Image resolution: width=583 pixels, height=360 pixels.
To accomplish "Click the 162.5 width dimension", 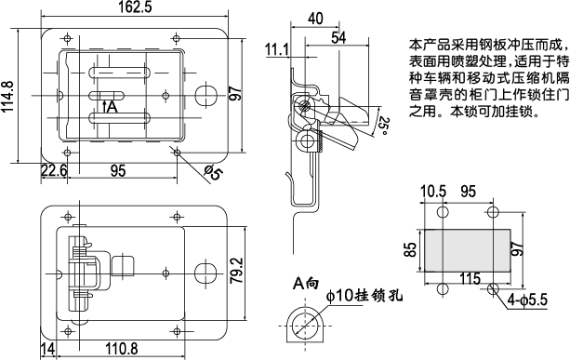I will (136, 8).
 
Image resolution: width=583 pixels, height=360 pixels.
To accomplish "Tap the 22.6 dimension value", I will (54, 169).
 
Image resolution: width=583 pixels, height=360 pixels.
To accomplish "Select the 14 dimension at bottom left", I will (47, 349).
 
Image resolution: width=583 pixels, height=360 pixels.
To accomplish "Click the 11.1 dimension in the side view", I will (276, 48).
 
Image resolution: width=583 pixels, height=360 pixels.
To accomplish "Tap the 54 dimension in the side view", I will (338, 37).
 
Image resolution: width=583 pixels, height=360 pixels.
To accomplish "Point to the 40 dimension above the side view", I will (314, 19).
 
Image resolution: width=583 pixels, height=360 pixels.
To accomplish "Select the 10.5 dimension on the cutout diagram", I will (432, 192).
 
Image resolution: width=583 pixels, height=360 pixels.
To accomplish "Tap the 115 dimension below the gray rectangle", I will (470, 278).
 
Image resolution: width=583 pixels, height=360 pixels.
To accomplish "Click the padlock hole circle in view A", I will (303, 326).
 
